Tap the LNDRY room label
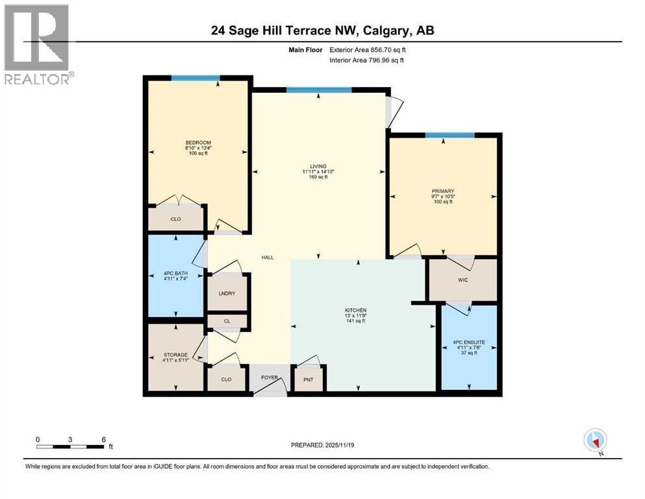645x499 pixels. (x=227, y=293)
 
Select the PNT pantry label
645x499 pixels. (x=309, y=379)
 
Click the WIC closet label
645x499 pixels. (x=462, y=280)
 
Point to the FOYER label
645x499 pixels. (x=270, y=377)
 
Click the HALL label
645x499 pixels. (x=268, y=257)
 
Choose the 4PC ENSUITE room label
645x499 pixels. (x=469, y=342)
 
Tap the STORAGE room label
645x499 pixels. (x=175, y=355)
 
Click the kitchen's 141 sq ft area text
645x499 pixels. (x=355, y=321)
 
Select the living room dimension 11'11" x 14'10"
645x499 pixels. (x=318, y=172)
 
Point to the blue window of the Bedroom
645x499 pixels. (x=196, y=78)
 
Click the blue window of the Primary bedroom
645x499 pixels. (x=449, y=135)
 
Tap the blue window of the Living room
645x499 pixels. (x=319, y=90)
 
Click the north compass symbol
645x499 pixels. (x=595, y=440)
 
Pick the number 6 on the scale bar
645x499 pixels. (x=104, y=439)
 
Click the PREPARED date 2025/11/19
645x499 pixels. (x=339, y=445)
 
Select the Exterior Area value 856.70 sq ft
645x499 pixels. (x=388, y=50)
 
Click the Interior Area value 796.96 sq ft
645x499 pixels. (x=386, y=60)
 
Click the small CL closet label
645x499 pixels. (x=227, y=321)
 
